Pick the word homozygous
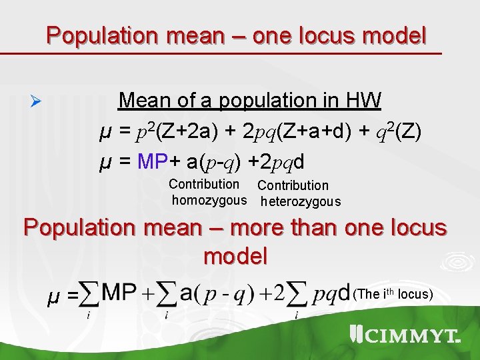coord(209,200)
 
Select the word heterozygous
coord(300,201)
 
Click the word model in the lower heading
coord(235,255)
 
